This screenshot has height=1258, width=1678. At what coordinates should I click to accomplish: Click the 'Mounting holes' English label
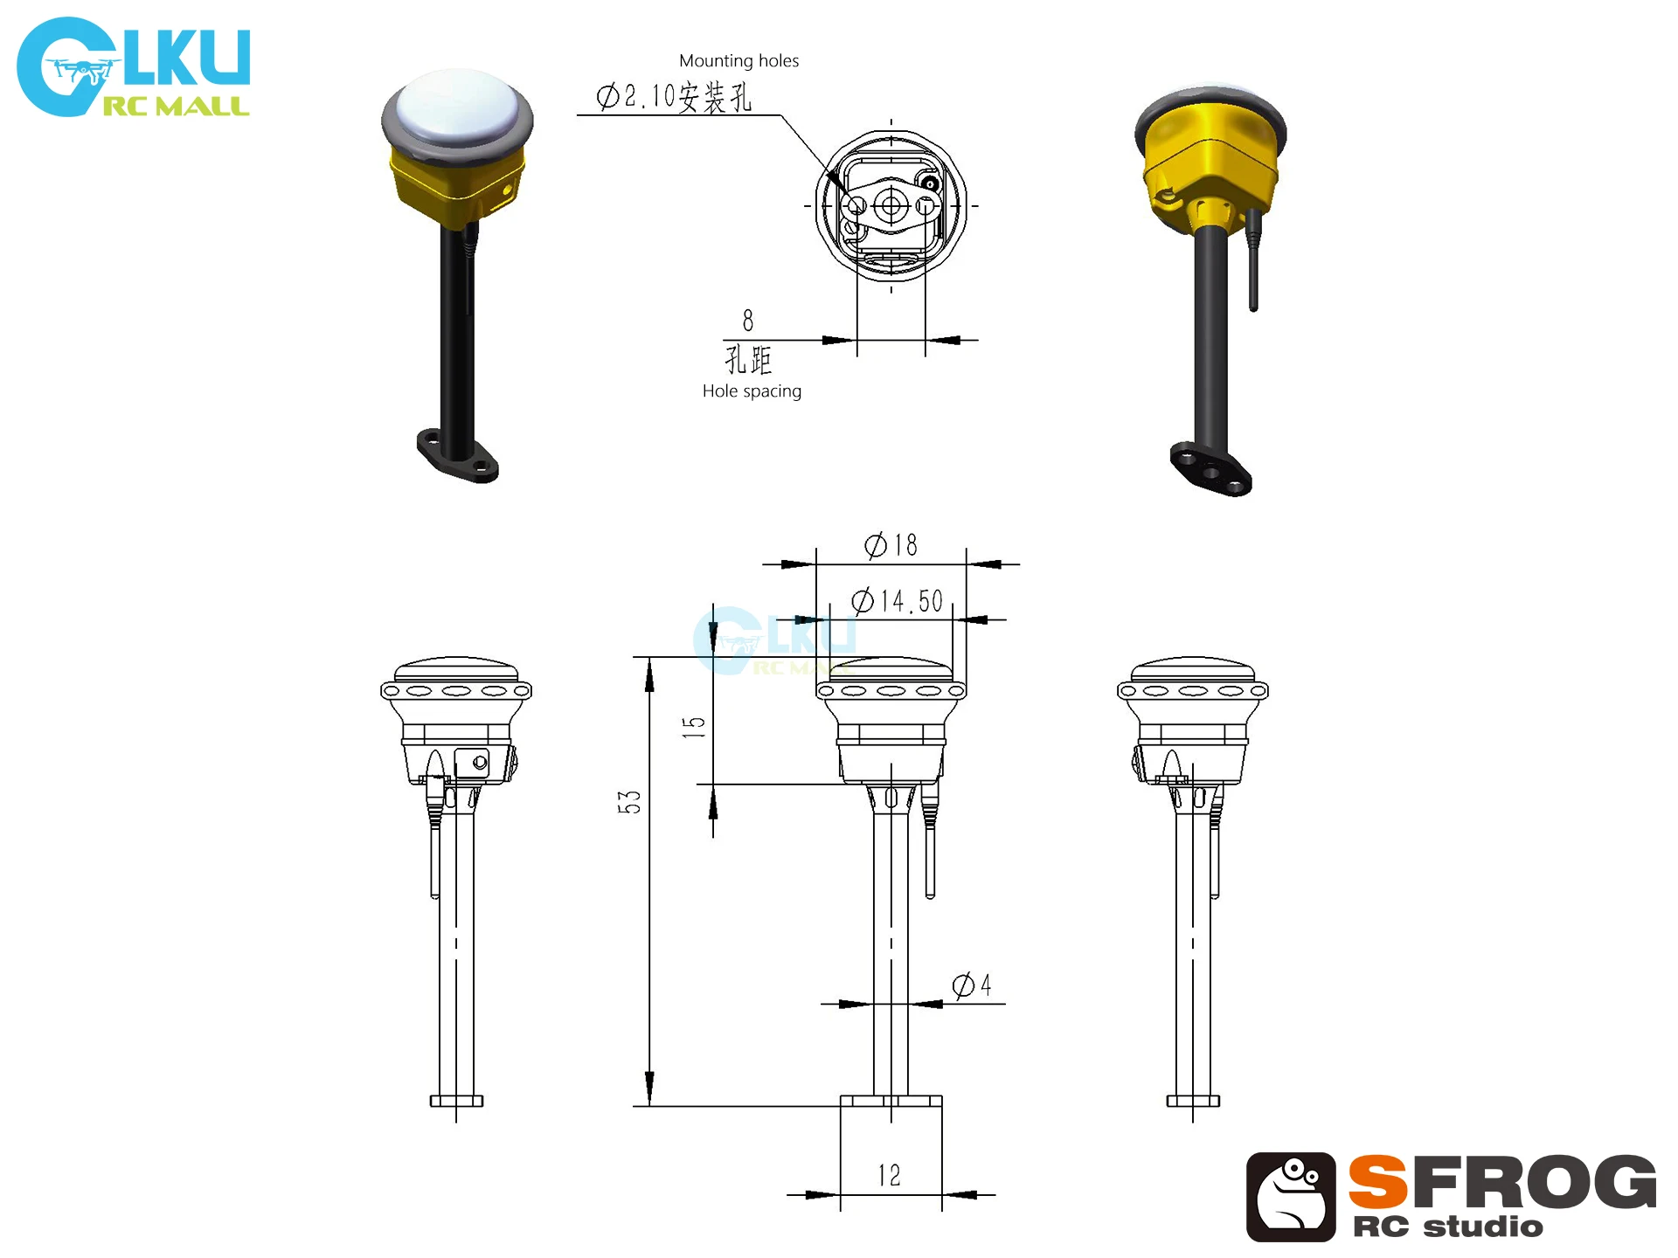(738, 61)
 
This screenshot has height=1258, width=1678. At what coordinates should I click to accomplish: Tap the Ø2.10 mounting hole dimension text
(673, 97)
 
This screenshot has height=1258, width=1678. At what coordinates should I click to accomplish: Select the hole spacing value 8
(748, 321)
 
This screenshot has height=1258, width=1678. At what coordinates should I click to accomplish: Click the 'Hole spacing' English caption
(752, 391)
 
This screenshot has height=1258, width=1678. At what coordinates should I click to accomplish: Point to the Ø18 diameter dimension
(891, 545)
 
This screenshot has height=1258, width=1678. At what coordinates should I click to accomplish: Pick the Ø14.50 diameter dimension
(898, 601)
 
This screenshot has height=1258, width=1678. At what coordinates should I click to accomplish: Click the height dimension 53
(629, 802)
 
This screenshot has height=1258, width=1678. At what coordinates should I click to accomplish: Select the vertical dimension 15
(694, 727)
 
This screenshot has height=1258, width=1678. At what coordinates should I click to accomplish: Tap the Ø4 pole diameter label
(972, 985)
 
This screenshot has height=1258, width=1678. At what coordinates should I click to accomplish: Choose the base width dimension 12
(890, 1175)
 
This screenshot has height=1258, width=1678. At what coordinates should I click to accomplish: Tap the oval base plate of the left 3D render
(457, 455)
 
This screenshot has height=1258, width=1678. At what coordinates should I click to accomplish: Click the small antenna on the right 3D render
(1253, 262)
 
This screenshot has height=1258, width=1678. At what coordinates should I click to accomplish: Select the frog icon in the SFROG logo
(1291, 1197)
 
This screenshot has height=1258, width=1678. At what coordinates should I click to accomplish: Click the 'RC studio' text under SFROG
(1447, 1227)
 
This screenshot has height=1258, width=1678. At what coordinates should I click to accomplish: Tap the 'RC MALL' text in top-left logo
(177, 107)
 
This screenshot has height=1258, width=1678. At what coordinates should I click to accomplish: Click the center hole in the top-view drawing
(891, 206)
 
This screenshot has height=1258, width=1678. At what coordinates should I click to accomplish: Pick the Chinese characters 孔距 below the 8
(748, 359)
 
